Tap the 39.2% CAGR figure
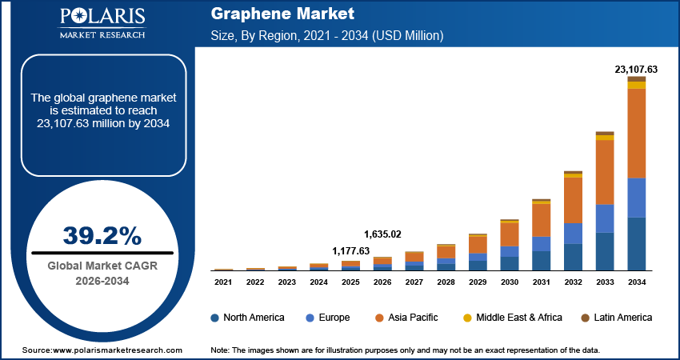[102, 236]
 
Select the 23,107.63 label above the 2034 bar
[635, 70]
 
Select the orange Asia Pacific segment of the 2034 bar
[636, 133]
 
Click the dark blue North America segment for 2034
[636, 244]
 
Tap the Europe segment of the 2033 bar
[605, 218]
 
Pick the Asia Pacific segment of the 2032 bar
[573, 200]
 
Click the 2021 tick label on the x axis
[223, 282]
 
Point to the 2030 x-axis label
[510, 282]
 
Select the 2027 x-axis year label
[414, 282]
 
